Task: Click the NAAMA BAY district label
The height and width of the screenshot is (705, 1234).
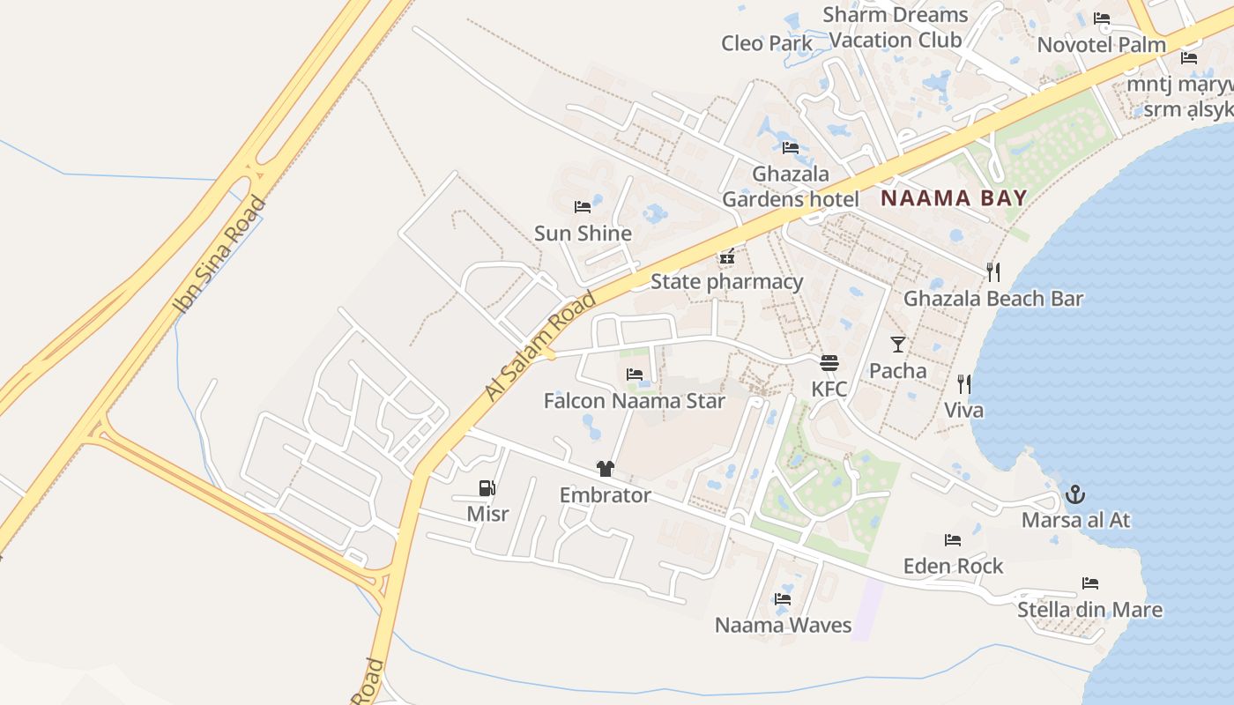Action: tap(954, 197)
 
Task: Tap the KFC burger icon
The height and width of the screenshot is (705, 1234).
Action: tap(829, 362)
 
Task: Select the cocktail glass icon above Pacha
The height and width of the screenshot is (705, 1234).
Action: tap(897, 344)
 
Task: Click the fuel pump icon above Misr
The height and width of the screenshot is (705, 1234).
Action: tap(487, 487)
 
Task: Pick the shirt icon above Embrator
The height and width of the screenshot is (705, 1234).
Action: tap(605, 469)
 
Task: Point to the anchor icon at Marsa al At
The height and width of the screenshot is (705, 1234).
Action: tap(1074, 494)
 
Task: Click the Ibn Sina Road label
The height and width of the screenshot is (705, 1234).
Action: tap(219, 256)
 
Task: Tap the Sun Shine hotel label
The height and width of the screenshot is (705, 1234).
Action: tap(583, 234)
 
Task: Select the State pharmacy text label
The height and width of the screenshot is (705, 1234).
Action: tap(726, 282)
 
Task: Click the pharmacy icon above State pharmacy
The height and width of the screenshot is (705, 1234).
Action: tap(726, 257)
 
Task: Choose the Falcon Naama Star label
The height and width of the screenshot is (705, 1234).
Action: tap(634, 402)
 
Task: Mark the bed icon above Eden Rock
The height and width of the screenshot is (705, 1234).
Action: tap(952, 540)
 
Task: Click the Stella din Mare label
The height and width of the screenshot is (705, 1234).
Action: tap(1089, 610)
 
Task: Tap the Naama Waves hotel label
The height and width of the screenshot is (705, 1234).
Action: tap(783, 626)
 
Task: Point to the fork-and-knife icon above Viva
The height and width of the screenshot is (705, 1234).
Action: tap(963, 384)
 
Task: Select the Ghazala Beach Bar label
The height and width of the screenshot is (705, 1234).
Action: tap(992, 299)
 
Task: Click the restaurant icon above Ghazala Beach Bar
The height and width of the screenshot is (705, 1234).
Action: tap(993, 271)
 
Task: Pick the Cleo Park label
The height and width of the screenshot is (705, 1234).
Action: tap(766, 43)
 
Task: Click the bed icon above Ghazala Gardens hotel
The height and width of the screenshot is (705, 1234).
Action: tap(790, 148)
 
